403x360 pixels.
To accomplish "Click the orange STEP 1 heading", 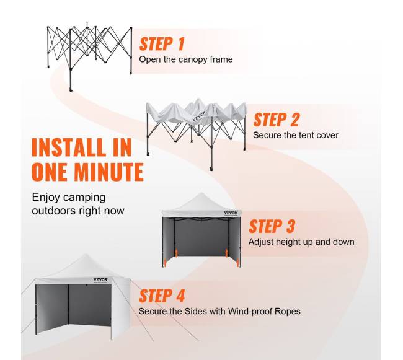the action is (x=162, y=43).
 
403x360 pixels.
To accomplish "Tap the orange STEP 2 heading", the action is (x=277, y=120).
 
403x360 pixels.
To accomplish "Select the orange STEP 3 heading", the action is (x=272, y=226).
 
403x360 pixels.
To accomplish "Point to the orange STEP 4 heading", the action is (x=162, y=296).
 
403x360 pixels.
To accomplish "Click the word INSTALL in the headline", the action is (x=68, y=147).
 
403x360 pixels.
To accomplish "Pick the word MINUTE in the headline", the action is (x=109, y=172).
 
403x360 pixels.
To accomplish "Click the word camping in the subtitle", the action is (x=84, y=198).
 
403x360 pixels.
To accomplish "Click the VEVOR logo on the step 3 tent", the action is (x=231, y=213).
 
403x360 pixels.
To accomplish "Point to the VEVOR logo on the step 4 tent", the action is (x=100, y=279).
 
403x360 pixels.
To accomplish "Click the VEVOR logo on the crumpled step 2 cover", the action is (x=199, y=116).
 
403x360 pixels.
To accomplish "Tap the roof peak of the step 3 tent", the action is (x=201, y=193).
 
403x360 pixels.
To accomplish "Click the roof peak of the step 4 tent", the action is (x=86, y=255).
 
